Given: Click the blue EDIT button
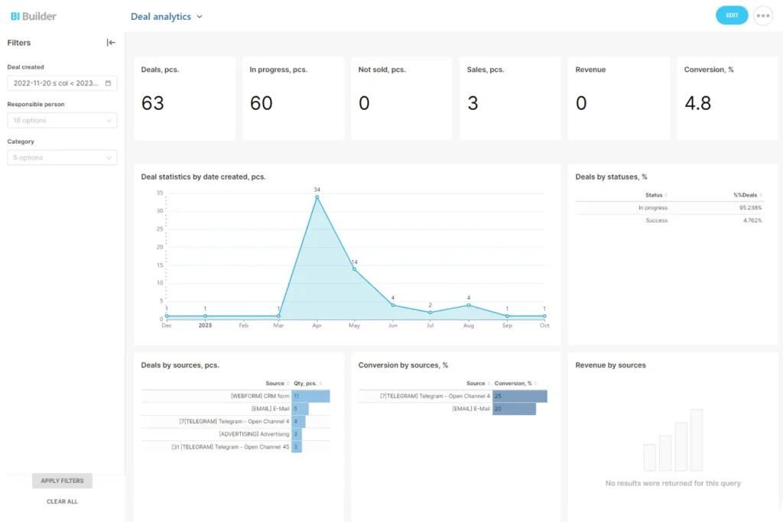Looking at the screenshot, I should tap(732, 15).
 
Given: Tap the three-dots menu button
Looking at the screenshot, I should tap(762, 15).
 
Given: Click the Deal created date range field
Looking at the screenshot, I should tap(62, 83).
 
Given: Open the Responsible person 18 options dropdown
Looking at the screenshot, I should tap(62, 120).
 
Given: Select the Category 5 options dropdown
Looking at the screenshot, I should tap(62, 157).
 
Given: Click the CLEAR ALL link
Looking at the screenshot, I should tap(62, 501).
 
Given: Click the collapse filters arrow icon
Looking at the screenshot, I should tap(111, 43).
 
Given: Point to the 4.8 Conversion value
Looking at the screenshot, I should tap(697, 103).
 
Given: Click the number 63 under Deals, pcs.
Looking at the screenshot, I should tap(153, 103).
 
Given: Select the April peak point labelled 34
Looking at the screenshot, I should tap(317, 197).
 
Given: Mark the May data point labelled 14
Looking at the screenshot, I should tap(354, 269).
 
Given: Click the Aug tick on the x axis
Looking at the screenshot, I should tap(469, 326).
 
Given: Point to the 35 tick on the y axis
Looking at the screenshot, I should tap(159, 193).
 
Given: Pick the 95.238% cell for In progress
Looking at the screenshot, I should tap(749, 208).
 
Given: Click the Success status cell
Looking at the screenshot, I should tap(656, 220).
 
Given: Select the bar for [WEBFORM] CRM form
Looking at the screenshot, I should tap(310, 396).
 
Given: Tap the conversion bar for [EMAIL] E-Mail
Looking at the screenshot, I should tap(514, 409).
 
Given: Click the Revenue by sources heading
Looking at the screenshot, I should tap(610, 365).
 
